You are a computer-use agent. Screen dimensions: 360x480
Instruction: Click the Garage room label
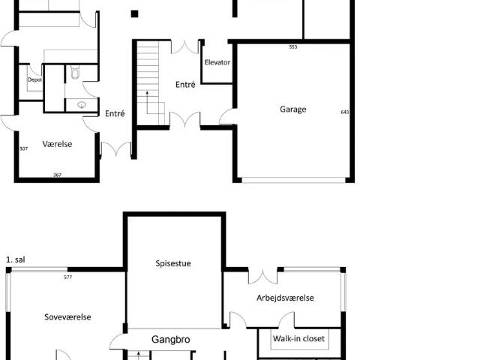coord(293,109)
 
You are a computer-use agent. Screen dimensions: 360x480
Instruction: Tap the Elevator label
coord(217,63)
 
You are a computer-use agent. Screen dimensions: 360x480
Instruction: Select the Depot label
coord(34,79)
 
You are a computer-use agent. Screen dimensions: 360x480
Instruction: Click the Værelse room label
coord(58,143)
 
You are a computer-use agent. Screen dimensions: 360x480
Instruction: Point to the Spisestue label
coord(173,263)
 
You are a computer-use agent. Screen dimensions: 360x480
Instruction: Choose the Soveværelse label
coord(67,317)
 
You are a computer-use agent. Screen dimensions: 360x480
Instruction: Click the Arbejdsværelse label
coord(285,298)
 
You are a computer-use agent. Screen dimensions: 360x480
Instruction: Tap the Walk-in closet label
coord(298,339)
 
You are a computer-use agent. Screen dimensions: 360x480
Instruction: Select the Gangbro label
coord(171,340)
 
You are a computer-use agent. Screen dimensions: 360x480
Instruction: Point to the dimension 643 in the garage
coord(344,112)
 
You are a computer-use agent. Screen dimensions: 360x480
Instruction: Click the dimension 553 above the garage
coord(293,47)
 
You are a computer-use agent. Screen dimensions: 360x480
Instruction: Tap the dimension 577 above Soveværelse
coord(68,277)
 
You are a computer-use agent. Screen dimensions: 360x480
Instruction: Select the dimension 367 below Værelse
coord(57,175)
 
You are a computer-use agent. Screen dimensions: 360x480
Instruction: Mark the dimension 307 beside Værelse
coord(24,148)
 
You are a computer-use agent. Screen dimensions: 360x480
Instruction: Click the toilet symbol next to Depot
coord(75,73)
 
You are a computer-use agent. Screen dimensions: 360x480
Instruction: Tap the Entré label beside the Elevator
coord(185,85)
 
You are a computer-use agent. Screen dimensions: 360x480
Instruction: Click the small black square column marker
coord(134,13)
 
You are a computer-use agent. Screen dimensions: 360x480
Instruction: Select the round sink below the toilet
coord(81,105)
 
